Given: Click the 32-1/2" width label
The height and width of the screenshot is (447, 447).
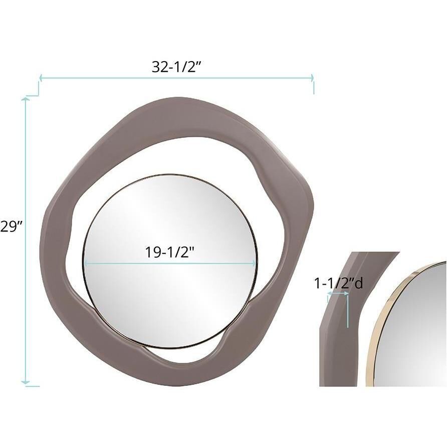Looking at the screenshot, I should pyautogui.click(x=176, y=67).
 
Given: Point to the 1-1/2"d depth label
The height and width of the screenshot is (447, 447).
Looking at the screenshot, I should pyautogui.click(x=338, y=284).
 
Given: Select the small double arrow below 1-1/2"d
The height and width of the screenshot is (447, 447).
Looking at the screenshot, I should pyautogui.click(x=337, y=296).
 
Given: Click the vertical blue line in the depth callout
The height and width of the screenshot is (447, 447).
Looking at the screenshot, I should pyautogui.click(x=347, y=311).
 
